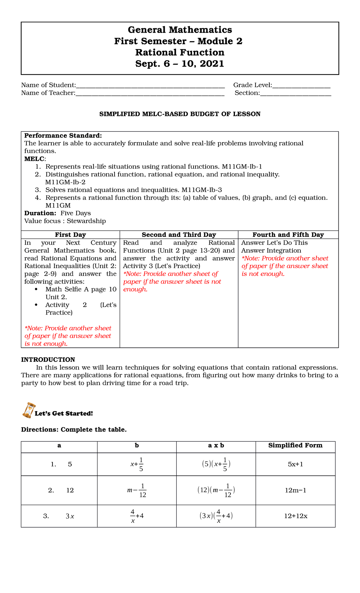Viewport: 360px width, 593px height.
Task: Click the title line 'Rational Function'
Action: [x=180, y=53]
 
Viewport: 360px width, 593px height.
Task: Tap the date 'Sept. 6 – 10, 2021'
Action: [x=180, y=64]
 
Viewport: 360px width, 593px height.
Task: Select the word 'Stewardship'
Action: [x=86, y=221]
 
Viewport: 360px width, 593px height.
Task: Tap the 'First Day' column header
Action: [x=70, y=235]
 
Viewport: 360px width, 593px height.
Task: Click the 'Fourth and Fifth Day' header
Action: [x=288, y=235]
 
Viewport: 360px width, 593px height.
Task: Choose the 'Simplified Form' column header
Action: [x=295, y=445]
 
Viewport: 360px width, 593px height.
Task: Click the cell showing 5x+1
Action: [x=295, y=464]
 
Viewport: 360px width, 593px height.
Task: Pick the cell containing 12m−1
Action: [x=295, y=490]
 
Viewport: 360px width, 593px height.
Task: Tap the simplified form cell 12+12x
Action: [x=295, y=516]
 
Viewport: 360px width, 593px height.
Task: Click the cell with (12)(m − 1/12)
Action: [x=216, y=490]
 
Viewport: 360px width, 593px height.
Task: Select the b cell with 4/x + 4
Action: [x=137, y=516]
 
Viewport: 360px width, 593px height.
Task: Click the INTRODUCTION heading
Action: [x=48, y=360]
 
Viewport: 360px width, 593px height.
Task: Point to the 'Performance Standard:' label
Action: [x=63, y=136]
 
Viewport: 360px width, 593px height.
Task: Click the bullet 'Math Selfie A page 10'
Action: [x=81, y=289]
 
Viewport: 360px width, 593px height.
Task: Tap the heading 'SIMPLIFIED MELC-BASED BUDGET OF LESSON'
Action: [x=180, y=114]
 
